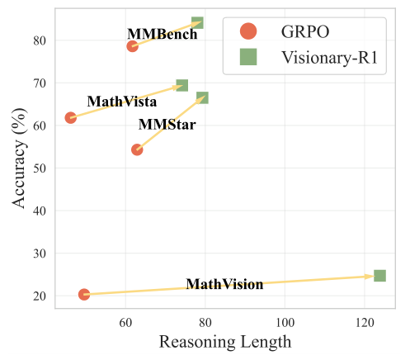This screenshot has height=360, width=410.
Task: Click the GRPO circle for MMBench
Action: pos(132,46)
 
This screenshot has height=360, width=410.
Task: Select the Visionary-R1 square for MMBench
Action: pos(197,22)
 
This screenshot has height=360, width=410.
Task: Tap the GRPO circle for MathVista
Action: pos(71,118)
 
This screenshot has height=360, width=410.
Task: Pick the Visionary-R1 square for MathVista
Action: pos(182,85)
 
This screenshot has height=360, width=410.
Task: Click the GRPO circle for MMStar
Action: pos(137,149)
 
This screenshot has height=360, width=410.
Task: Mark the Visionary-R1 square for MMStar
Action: pos(202,97)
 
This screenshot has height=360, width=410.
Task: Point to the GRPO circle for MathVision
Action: pos(84,295)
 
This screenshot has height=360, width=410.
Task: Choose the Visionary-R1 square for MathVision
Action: pos(379,276)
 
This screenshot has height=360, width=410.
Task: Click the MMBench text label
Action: pos(163,35)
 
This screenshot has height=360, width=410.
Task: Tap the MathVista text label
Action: pos(122,102)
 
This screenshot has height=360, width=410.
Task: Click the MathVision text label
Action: pos(224,284)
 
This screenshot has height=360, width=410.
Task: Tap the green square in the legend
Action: pos(247,57)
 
